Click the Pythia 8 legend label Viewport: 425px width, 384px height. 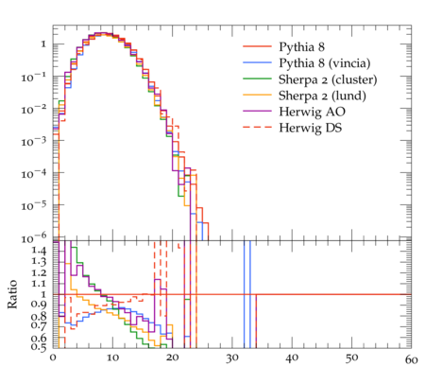pos(301,47)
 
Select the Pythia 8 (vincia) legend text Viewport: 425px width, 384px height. pos(325,63)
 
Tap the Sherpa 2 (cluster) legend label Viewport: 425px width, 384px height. pos(328,79)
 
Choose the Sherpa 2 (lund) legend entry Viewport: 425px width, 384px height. pos(322,96)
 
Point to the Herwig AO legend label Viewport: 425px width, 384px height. pos(312,112)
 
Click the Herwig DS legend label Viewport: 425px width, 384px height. pos(311,128)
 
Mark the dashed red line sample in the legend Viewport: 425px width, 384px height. pos(257,127)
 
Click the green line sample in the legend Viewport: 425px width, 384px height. pos(257,79)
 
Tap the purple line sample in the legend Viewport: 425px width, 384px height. pos(257,111)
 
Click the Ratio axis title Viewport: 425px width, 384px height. pos(12,294)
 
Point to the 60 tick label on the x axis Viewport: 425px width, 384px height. pos(411,359)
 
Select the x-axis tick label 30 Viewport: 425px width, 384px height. pos(232,358)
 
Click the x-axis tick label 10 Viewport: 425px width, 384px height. pos(112,358)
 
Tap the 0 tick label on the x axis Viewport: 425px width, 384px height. pos(53,358)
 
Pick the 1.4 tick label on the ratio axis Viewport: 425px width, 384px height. pos(39,251)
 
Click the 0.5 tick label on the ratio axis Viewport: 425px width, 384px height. pos(39,347)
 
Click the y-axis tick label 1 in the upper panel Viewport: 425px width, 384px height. pos(43,44)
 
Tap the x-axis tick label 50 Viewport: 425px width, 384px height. pos(351,358)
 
